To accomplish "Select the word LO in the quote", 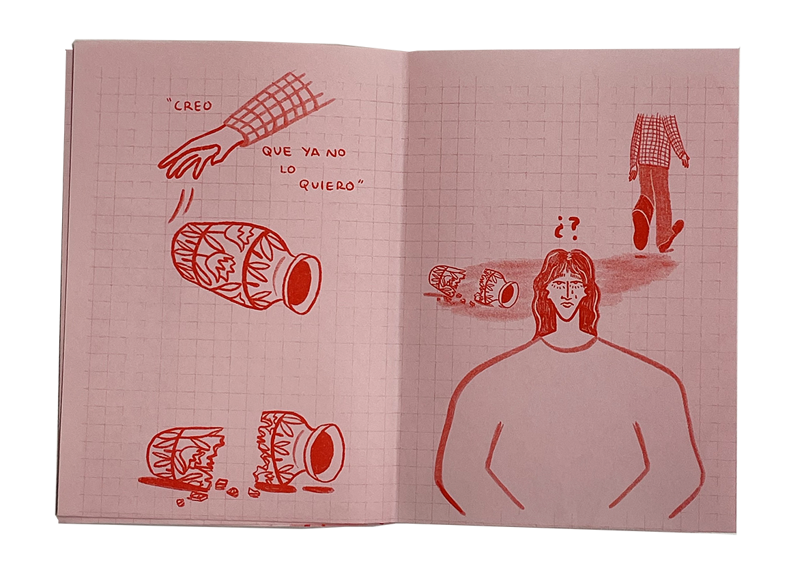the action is [x=288, y=169].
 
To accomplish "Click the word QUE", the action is [x=277, y=152].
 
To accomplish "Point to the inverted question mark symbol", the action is [x=560, y=228].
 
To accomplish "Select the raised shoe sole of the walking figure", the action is [x=640, y=228].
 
